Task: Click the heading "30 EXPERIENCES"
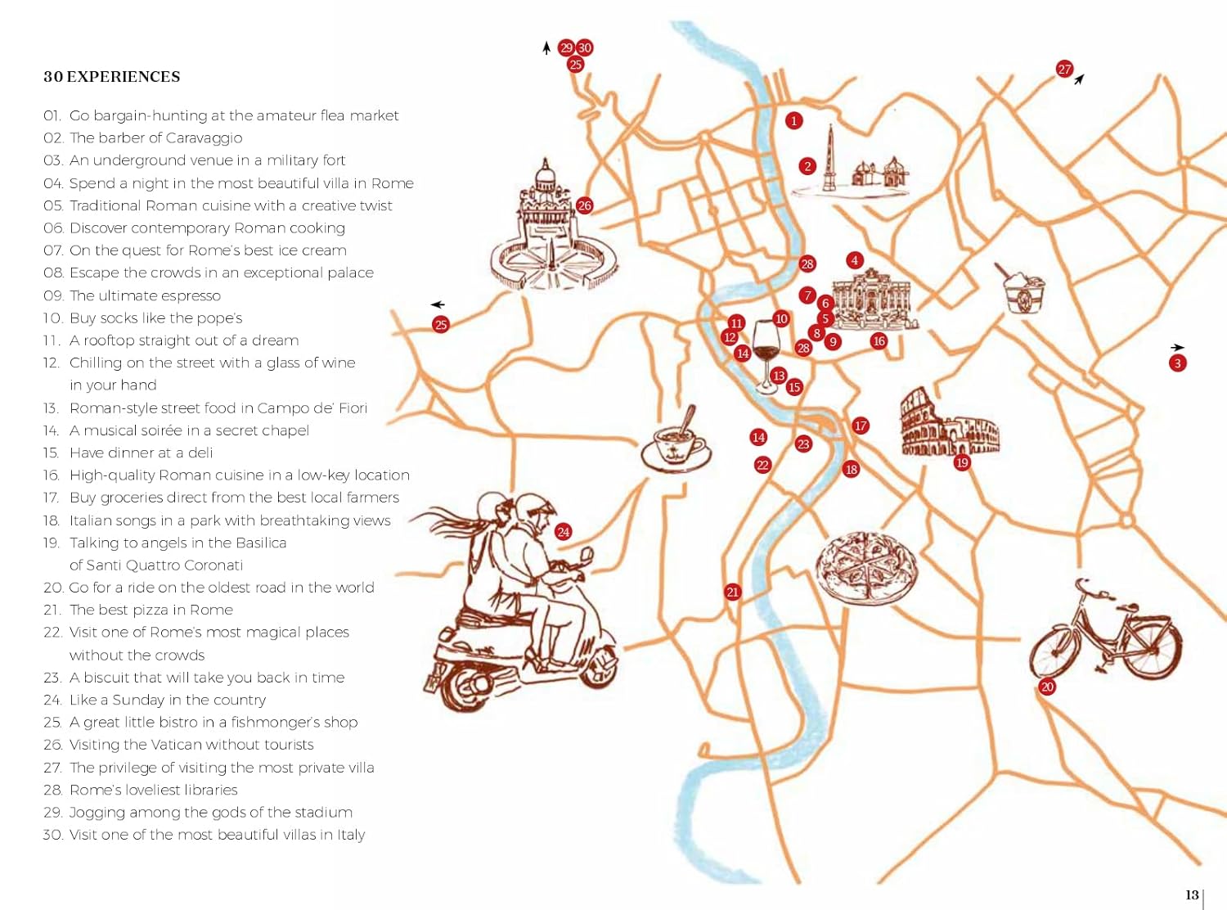pyautogui.click(x=112, y=77)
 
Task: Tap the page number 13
pyautogui.click(x=1192, y=894)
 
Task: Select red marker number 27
pyautogui.click(x=1064, y=70)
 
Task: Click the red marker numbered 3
pyautogui.click(x=1177, y=363)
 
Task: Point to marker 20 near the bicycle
pyautogui.click(x=1047, y=687)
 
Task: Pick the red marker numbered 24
pyautogui.click(x=563, y=532)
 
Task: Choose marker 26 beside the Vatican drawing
pyautogui.click(x=584, y=205)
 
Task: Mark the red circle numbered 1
pyautogui.click(x=793, y=121)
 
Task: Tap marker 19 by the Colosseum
pyautogui.click(x=962, y=462)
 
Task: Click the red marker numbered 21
pyautogui.click(x=732, y=592)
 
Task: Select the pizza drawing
pyautogui.click(x=865, y=566)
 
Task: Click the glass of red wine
pyautogui.click(x=766, y=352)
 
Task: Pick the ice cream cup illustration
pyautogui.click(x=1023, y=291)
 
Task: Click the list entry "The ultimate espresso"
pyautogui.click(x=145, y=295)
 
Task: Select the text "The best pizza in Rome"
pyautogui.click(x=151, y=610)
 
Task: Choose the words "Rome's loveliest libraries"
pyautogui.click(x=154, y=790)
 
